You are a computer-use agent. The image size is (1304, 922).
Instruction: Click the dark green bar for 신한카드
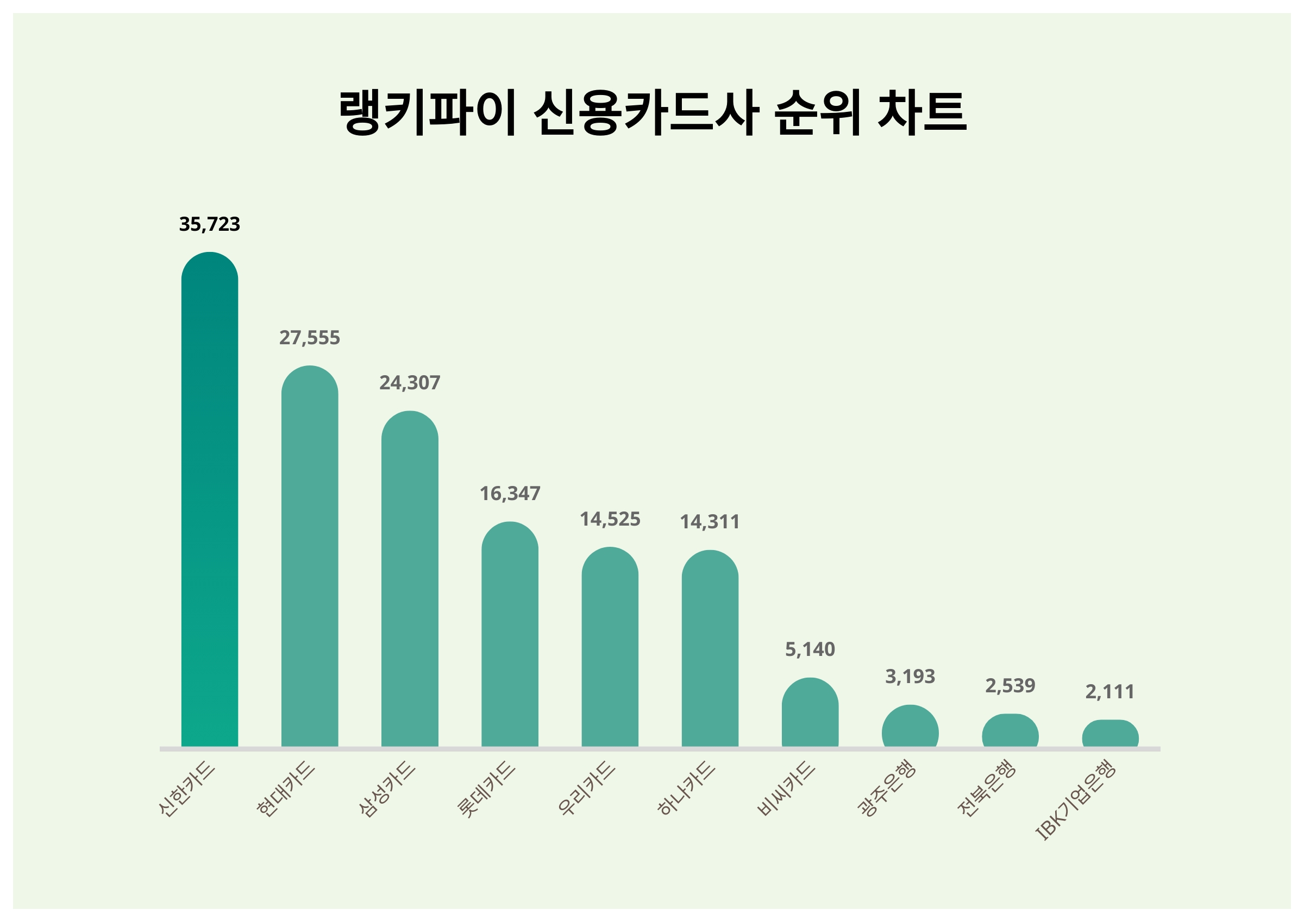[210, 499]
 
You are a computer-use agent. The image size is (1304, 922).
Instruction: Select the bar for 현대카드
[310, 556]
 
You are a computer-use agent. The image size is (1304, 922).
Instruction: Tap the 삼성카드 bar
[410, 578]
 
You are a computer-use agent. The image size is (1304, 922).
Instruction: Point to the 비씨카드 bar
[810, 712]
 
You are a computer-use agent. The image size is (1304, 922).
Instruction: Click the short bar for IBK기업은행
[1110, 734]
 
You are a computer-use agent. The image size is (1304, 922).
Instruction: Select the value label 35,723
[210, 224]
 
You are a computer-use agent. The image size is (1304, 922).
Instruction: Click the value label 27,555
[310, 338]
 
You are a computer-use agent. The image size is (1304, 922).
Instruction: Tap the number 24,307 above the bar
[410, 383]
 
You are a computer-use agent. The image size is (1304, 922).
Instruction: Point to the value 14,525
[610, 520]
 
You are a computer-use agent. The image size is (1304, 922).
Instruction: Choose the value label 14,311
[710, 522]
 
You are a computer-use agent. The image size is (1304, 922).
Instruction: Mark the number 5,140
[810, 649]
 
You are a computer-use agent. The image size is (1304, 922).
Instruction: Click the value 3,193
[910, 677]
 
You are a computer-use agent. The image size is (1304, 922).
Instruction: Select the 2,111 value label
[1110, 692]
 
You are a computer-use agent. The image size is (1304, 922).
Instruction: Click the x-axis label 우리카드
[586, 789]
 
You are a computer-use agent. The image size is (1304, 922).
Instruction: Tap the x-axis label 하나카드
[686, 789]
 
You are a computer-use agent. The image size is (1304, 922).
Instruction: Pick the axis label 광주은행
[886, 789]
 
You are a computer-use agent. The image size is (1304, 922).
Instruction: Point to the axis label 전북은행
[986, 789]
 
